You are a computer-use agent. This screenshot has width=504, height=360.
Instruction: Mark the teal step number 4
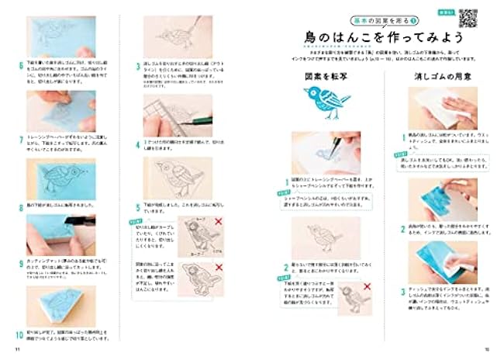click(x=136, y=144)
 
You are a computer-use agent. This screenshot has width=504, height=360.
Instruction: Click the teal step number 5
click(x=136, y=208)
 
